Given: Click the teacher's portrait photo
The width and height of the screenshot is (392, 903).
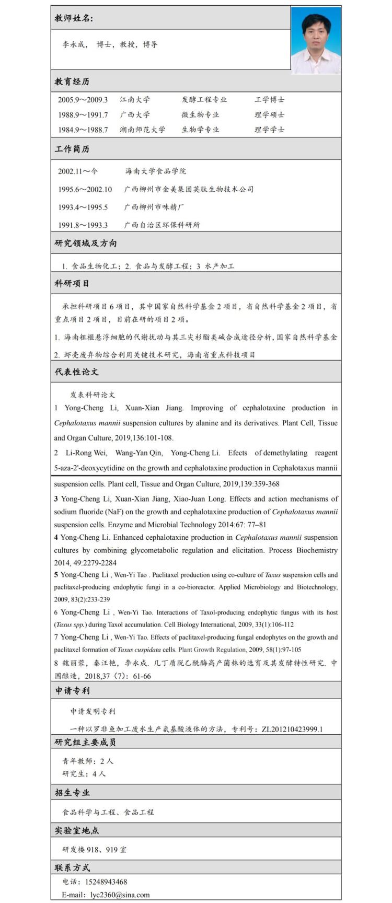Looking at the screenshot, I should coord(315,40).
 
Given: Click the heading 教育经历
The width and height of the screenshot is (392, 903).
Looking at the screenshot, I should coord(72,82).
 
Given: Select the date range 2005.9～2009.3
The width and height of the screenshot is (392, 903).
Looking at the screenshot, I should coord(83,100).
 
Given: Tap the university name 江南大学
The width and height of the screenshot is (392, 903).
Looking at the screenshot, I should coord(134,100).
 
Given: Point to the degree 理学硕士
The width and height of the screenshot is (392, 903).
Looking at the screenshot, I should coord(269,115).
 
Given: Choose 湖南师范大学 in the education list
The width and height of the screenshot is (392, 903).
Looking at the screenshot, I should coord(142,130).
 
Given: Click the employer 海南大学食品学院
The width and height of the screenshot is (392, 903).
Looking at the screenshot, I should coord(155,171).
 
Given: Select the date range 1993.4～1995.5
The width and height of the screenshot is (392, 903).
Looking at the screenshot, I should coord(83,207).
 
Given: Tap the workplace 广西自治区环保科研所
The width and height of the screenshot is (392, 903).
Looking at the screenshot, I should coord(162,225).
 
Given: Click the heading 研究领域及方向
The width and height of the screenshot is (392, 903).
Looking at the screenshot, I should coord(86,244).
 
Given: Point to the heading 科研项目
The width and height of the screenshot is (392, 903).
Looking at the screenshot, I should coord(72,283).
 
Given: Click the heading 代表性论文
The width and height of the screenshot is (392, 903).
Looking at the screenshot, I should coord(76,372).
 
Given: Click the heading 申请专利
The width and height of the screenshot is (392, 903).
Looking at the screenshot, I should coord(72,691).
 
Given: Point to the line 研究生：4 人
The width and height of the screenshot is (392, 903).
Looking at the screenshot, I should coord(84,774).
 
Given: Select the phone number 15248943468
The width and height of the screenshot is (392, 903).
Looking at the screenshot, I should coord(106,882).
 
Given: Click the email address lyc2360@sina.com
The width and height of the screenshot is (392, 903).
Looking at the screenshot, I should coord(120,895).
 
